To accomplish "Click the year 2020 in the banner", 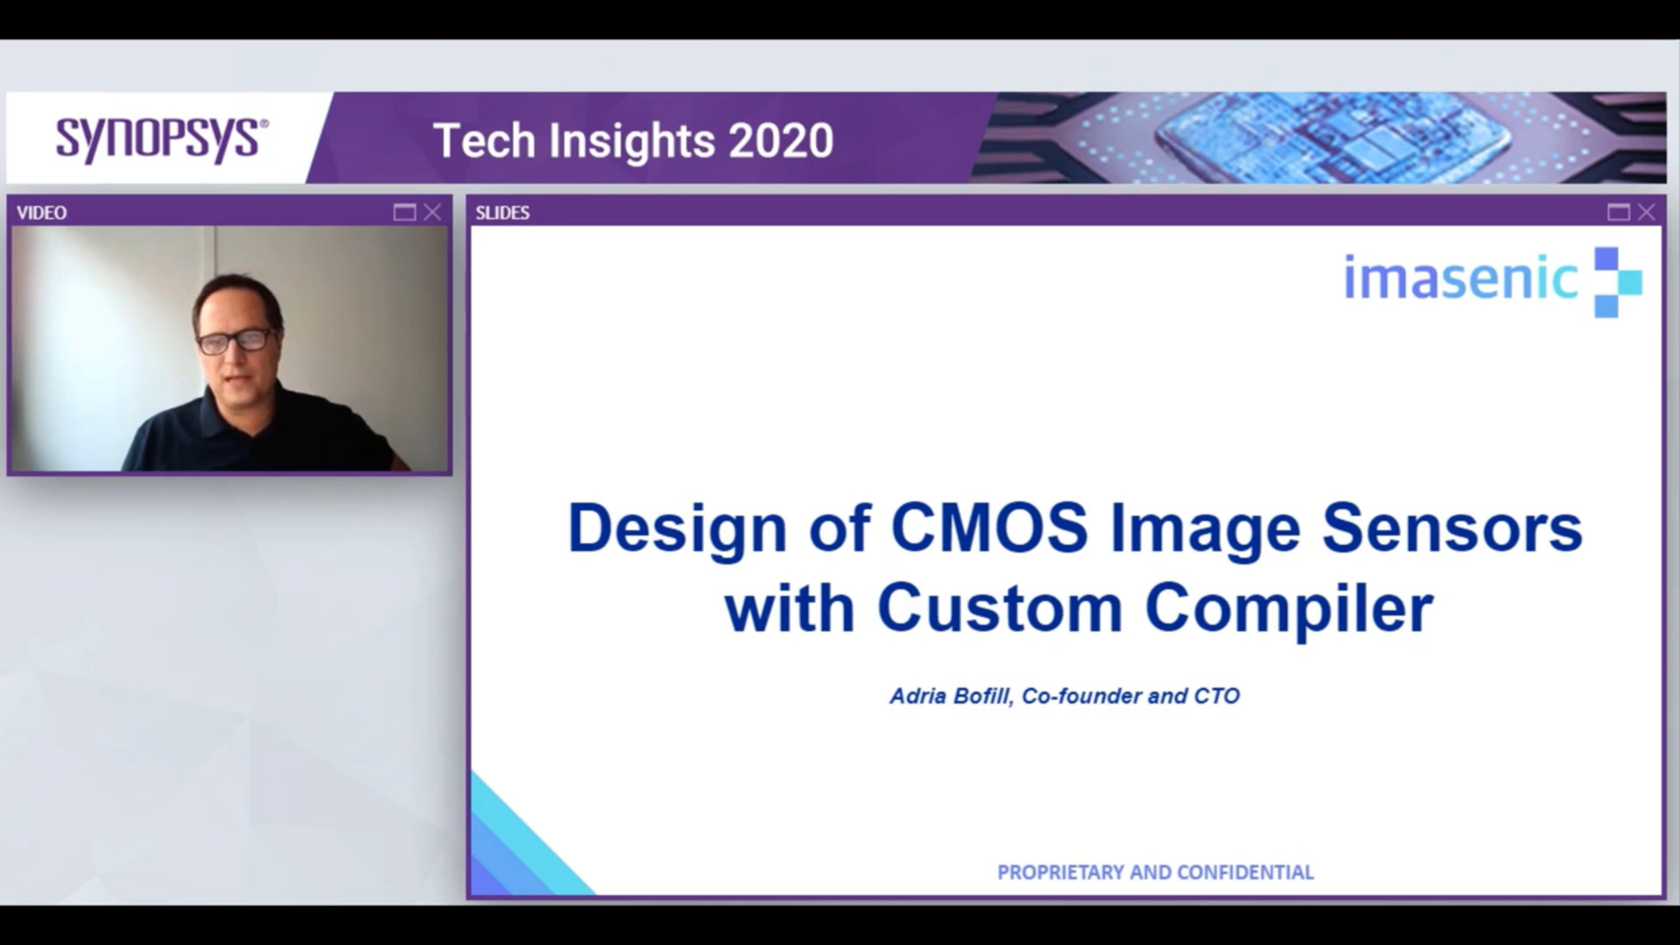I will click(780, 141).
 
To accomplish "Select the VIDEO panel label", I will click(41, 213).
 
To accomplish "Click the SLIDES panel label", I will click(502, 213).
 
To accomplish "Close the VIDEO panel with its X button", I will click(432, 212).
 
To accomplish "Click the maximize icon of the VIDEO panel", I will click(404, 212).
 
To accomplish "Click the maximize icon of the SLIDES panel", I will click(1618, 212).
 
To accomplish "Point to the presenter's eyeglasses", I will click(234, 341).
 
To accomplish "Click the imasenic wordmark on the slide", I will click(1460, 278).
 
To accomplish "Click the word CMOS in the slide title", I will click(989, 528).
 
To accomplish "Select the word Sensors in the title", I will click(1452, 528).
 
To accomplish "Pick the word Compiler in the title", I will click(1289, 608).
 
